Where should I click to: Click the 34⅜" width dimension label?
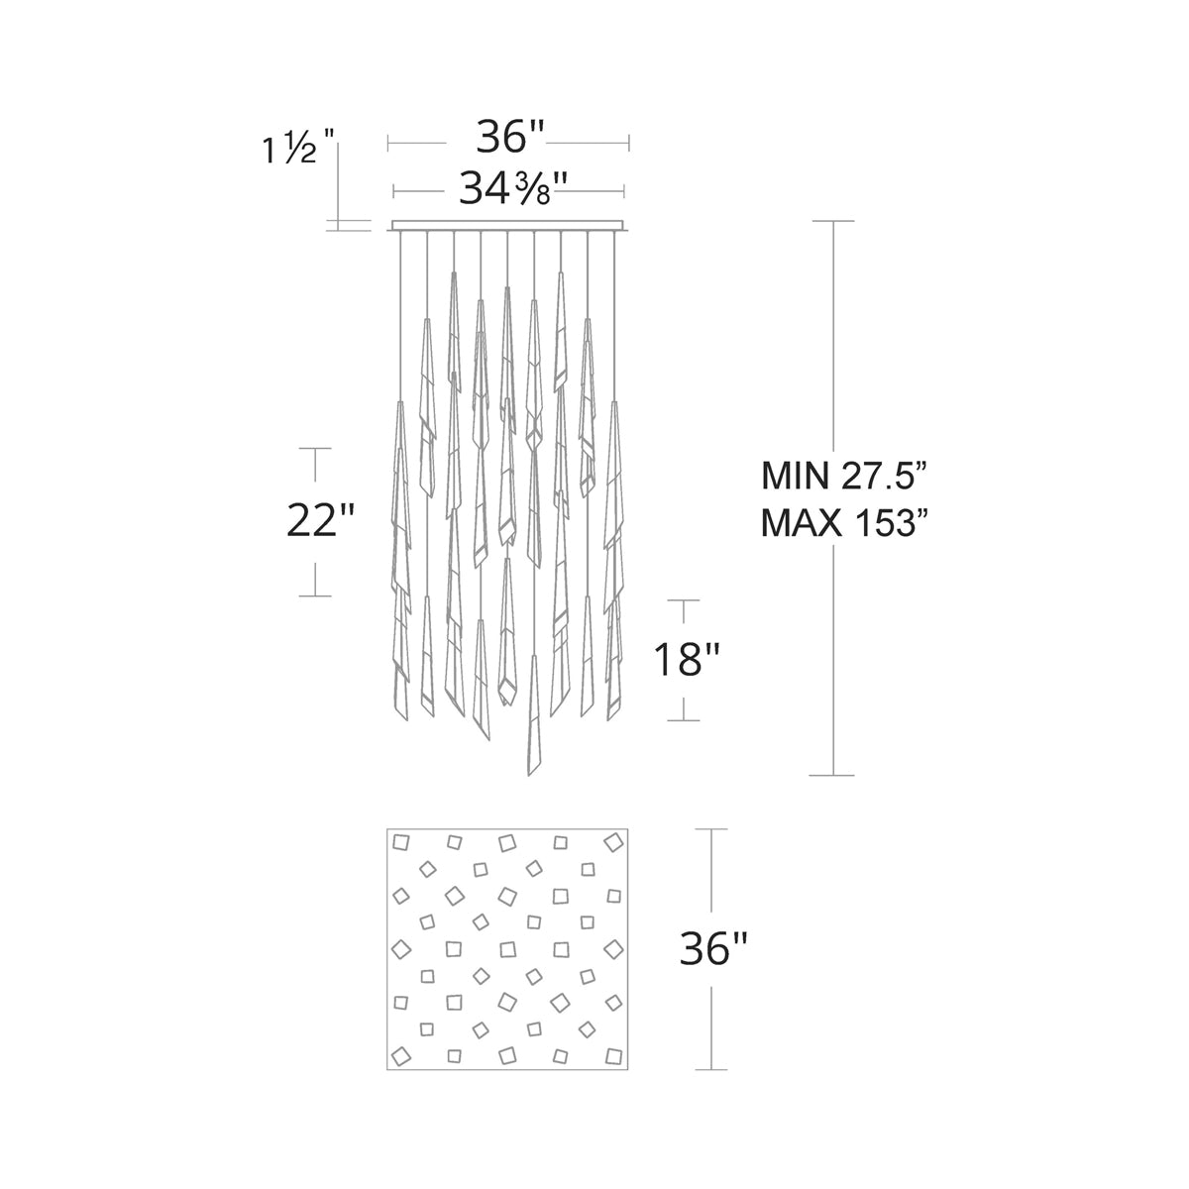click(x=507, y=189)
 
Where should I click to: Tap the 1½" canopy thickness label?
click(x=290, y=151)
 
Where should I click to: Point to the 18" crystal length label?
click(x=684, y=659)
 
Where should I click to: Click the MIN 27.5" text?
click(x=842, y=477)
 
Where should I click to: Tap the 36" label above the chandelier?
click(x=510, y=139)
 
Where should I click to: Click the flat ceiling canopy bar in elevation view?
click(x=507, y=226)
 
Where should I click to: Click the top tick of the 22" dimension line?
click(x=315, y=449)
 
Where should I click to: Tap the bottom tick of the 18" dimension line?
click(x=684, y=720)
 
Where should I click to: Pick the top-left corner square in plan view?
click(x=402, y=843)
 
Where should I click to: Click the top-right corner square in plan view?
click(x=611, y=842)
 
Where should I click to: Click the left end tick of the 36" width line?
click(x=388, y=145)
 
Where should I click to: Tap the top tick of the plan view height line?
click(x=711, y=829)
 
